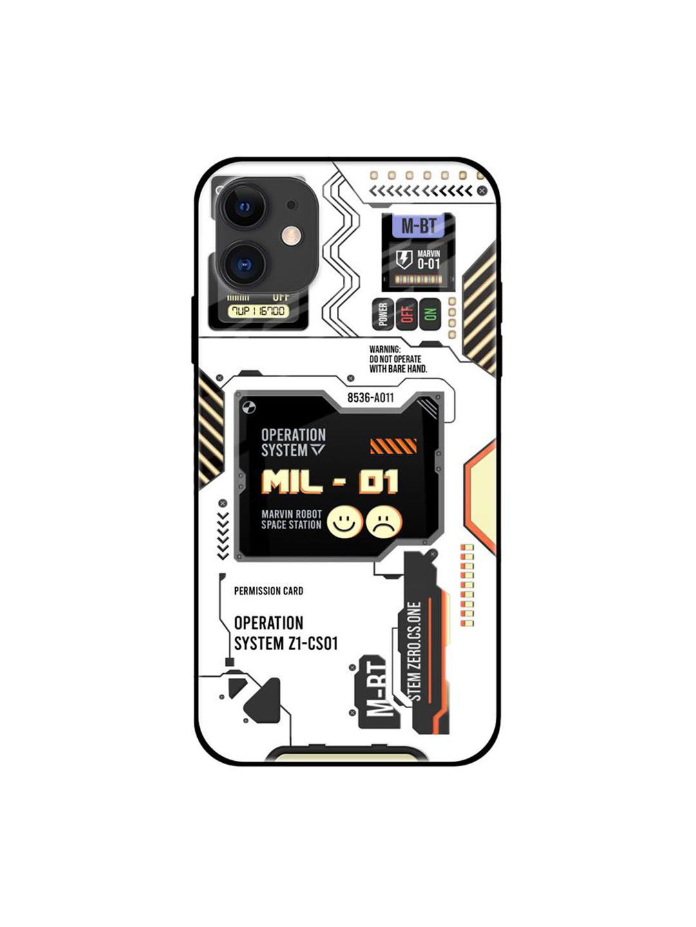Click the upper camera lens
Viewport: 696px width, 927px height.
[244, 207]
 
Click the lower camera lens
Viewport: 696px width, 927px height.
[244, 265]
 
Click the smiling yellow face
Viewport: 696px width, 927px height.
[345, 522]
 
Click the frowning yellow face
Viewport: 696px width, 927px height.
[384, 522]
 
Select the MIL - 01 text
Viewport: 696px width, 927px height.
[330, 482]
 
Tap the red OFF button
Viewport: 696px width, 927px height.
[406, 314]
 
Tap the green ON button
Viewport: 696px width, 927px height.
[430, 314]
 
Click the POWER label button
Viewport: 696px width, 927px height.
[383, 314]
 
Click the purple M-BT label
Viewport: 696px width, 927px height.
[418, 226]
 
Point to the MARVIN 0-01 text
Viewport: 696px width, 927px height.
[428, 259]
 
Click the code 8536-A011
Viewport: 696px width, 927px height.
[371, 398]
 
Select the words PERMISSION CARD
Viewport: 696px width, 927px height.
[268, 591]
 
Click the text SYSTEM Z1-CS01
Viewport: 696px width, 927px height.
[285, 644]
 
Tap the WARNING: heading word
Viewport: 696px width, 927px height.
[385, 350]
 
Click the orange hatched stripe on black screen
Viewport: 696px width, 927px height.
[393, 446]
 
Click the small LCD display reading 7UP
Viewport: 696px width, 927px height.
[258, 312]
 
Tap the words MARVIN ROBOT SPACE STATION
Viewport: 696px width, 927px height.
[291, 520]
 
